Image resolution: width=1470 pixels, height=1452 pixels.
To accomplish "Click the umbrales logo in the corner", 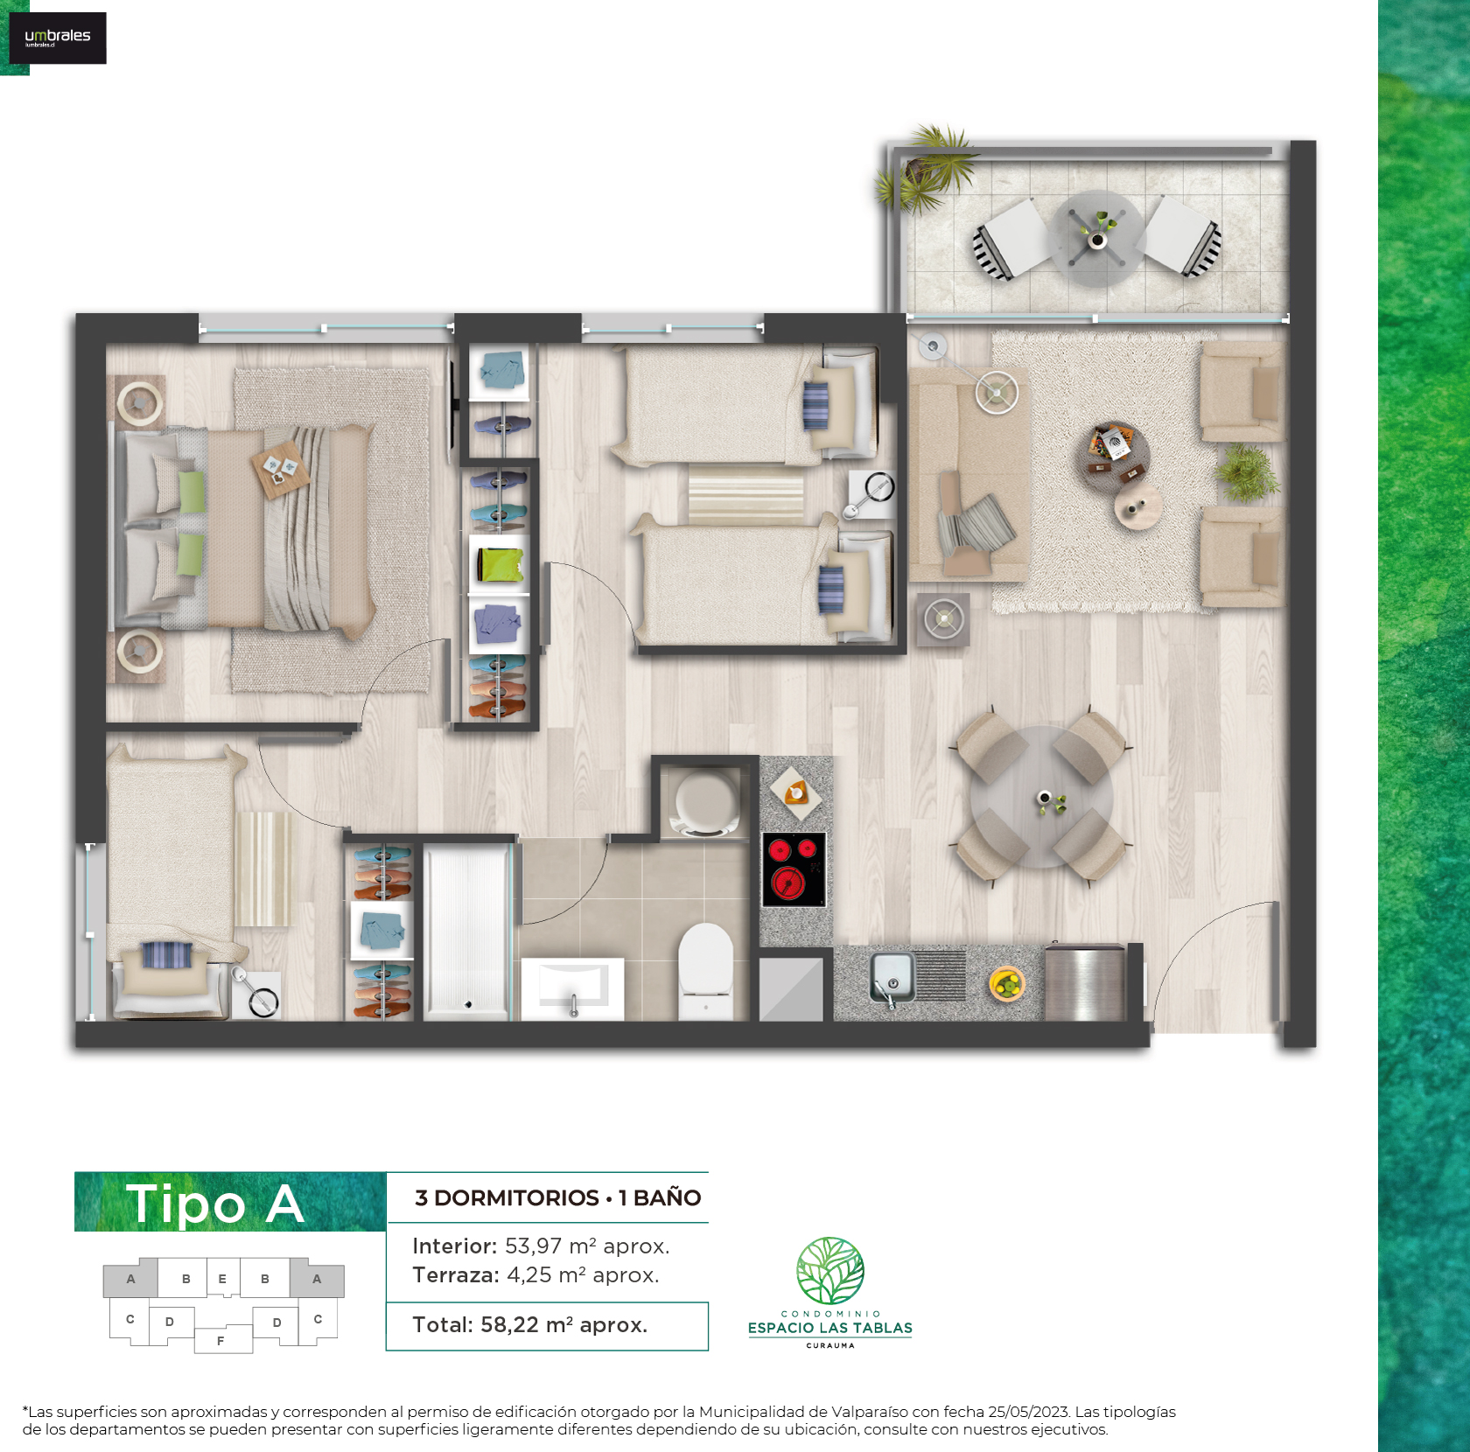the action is coord(58,38).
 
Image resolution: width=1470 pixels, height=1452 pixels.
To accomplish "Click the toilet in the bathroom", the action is coord(706,971).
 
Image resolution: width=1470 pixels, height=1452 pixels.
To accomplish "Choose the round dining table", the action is coord(1041,797).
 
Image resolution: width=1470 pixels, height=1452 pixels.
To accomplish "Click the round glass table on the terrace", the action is coord(1097,238).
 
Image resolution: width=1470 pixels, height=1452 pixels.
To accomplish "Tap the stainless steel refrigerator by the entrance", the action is coord(1085,981).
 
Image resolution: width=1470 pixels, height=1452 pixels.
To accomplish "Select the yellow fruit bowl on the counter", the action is coord(1006,984).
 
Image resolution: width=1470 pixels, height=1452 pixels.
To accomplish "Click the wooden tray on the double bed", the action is coord(281,471).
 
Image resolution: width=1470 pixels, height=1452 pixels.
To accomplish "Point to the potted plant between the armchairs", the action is coord(1246,472).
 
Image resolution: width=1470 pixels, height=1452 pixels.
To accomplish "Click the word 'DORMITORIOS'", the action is coord(516,1198).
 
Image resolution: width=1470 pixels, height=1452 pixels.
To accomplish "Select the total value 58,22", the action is coord(509,1325).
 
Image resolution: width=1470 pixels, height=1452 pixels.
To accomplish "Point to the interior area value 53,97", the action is coord(533,1246).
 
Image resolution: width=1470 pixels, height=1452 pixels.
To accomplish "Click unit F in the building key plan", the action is coord(221,1340).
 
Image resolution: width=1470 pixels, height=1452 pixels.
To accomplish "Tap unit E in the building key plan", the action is coord(222,1279).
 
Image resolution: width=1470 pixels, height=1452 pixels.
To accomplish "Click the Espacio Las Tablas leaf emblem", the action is coord(830,1271).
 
